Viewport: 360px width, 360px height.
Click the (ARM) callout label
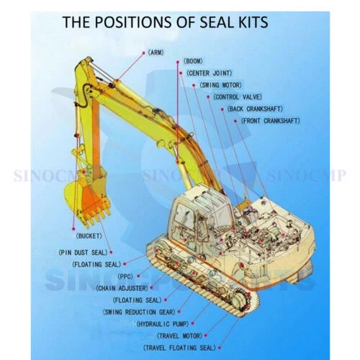pyautogui.click(x=156, y=53)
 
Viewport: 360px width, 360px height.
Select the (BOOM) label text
pyautogui.click(x=193, y=61)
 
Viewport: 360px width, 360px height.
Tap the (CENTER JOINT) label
pyautogui.click(x=210, y=73)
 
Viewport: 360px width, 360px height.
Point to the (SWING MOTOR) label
pyautogui.click(x=220, y=85)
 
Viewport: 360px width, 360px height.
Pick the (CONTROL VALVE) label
pyautogui.click(x=238, y=97)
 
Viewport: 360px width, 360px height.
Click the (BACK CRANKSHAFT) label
pyautogui.click(x=255, y=109)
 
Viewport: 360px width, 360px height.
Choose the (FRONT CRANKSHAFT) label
pyautogui.click(x=270, y=121)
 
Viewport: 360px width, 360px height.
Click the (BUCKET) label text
pyautogui.click(x=89, y=236)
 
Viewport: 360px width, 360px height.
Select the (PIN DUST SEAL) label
pyautogui.click(x=83, y=253)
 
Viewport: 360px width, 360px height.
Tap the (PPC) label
pyautogui.click(x=125, y=276)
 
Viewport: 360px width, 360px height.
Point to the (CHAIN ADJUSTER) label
pyautogui.click(x=122, y=288)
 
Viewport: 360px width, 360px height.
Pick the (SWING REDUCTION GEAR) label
pyautogui.click(x=139, y=312)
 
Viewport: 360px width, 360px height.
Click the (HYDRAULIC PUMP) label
pyautogui.click(x=163, y=324)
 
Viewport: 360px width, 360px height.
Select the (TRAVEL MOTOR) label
pyautogui.click(x=179, y=336)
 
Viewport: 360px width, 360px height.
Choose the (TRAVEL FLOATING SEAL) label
pyautogui.click(x=179, y=348)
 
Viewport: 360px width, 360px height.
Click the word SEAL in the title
pyautogui.click(x=217, y=22)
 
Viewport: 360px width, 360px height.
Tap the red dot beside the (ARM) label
pyautogui.click(x=144, y=53)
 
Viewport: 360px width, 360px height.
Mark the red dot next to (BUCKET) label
pyautogui.click(x=73, y=229)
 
